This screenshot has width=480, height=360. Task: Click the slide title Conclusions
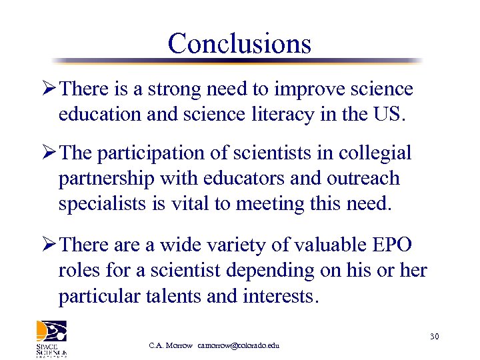tap(239, 44)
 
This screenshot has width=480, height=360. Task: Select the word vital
tap(187, 203)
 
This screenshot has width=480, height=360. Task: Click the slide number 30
tap(434, 337)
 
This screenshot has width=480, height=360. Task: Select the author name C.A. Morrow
tap(171, 345)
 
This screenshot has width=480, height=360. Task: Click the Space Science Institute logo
tap(51, 339)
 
